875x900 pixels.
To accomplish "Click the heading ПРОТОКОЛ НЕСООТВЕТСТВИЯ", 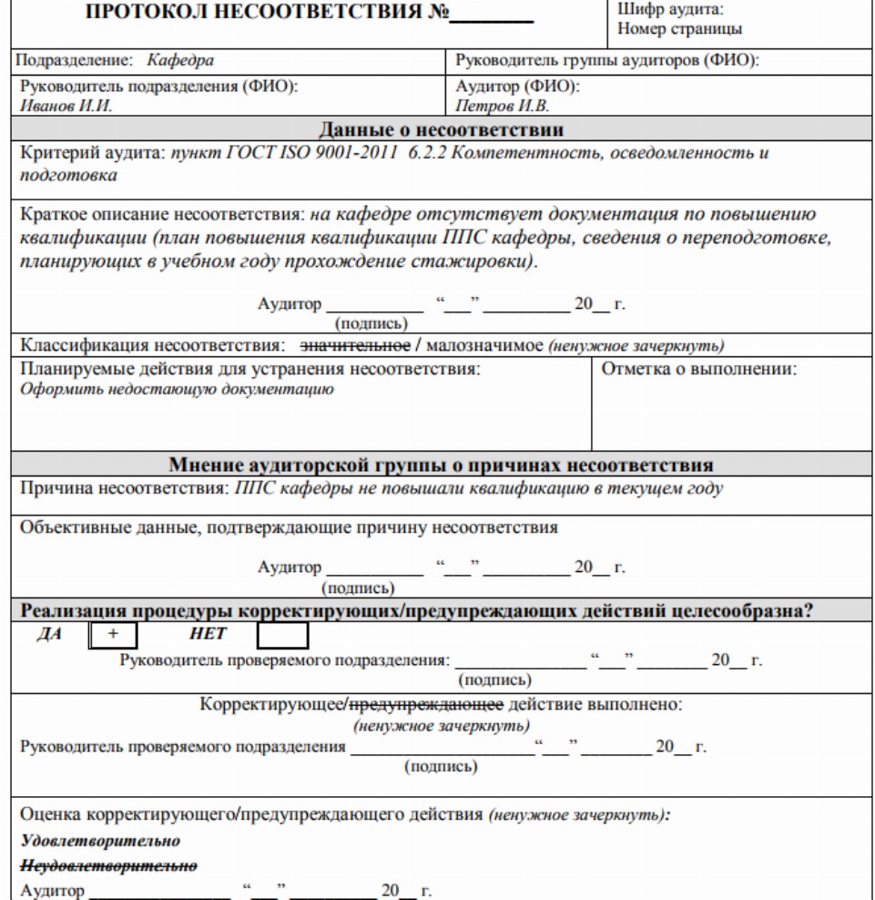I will (265, 15).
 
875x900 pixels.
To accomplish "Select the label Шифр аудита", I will (668, 9).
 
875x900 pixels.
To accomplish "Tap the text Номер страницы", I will (678, 28).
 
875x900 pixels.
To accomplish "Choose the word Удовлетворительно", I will (99, 838).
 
